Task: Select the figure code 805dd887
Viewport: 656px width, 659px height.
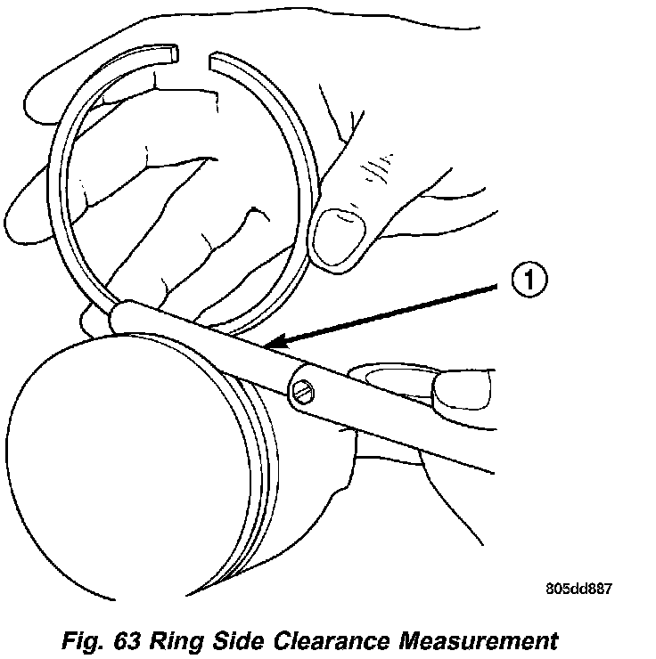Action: point(580,589)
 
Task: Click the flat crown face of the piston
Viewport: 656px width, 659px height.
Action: point(107,445)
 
